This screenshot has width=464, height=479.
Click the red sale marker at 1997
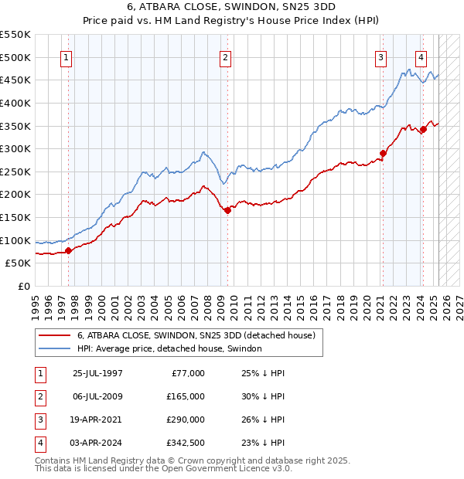[x=68, y=250]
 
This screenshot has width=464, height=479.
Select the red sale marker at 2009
[x=227, y=210]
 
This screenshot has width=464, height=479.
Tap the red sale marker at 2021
[x=384, y=153]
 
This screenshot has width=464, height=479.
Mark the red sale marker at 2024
[x=423, y=129]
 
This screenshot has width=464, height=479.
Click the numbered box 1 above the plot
[x=67, y=56]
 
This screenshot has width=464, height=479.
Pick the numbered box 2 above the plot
[x=224, y=56]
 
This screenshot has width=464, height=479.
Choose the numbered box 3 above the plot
[x=381, y=56]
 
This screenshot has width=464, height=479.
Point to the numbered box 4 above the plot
[x=421, y=56]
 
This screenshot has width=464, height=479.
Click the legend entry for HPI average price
[x=169, y=348]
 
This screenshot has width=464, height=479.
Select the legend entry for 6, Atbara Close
[x=196, y=336]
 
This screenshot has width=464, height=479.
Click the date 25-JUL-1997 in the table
[x=97, y=373]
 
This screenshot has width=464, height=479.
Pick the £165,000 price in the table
[x=186, y=396]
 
